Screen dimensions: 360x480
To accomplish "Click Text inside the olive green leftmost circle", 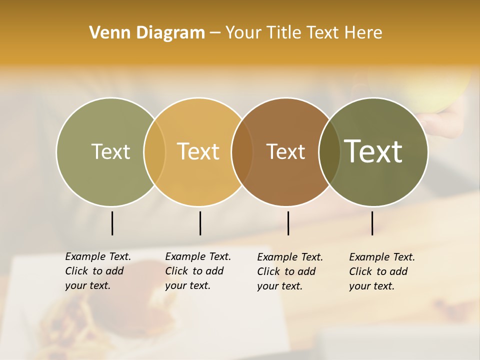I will (x=110, y=151).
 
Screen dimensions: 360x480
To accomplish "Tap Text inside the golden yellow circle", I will (x=198, y=151).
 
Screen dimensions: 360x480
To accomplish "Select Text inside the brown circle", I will (x=285, y=151).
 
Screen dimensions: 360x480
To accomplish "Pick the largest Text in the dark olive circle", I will (x=373, y=151).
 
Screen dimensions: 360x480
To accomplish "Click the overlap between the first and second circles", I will (x=154, y=151).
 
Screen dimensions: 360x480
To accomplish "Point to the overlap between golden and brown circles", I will (x=242, y=151).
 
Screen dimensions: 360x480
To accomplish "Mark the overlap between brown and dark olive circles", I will (x=329, y=151).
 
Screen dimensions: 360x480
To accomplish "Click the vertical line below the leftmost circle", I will (x=112, y=223).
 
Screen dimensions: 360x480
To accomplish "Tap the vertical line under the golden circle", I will (x=200, y=223).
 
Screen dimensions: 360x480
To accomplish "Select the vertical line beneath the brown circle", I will (x=288, y=223).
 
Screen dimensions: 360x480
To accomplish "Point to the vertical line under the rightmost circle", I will (x=372, y=223).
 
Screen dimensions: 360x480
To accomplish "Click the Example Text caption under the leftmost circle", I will (x=98, y=271).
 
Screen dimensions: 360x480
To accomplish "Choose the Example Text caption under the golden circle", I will (x=198, y=271).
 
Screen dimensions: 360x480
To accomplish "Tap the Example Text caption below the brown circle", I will (x=290, y=271).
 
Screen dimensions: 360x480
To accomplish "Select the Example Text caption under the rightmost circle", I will (x=382, y=271).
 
